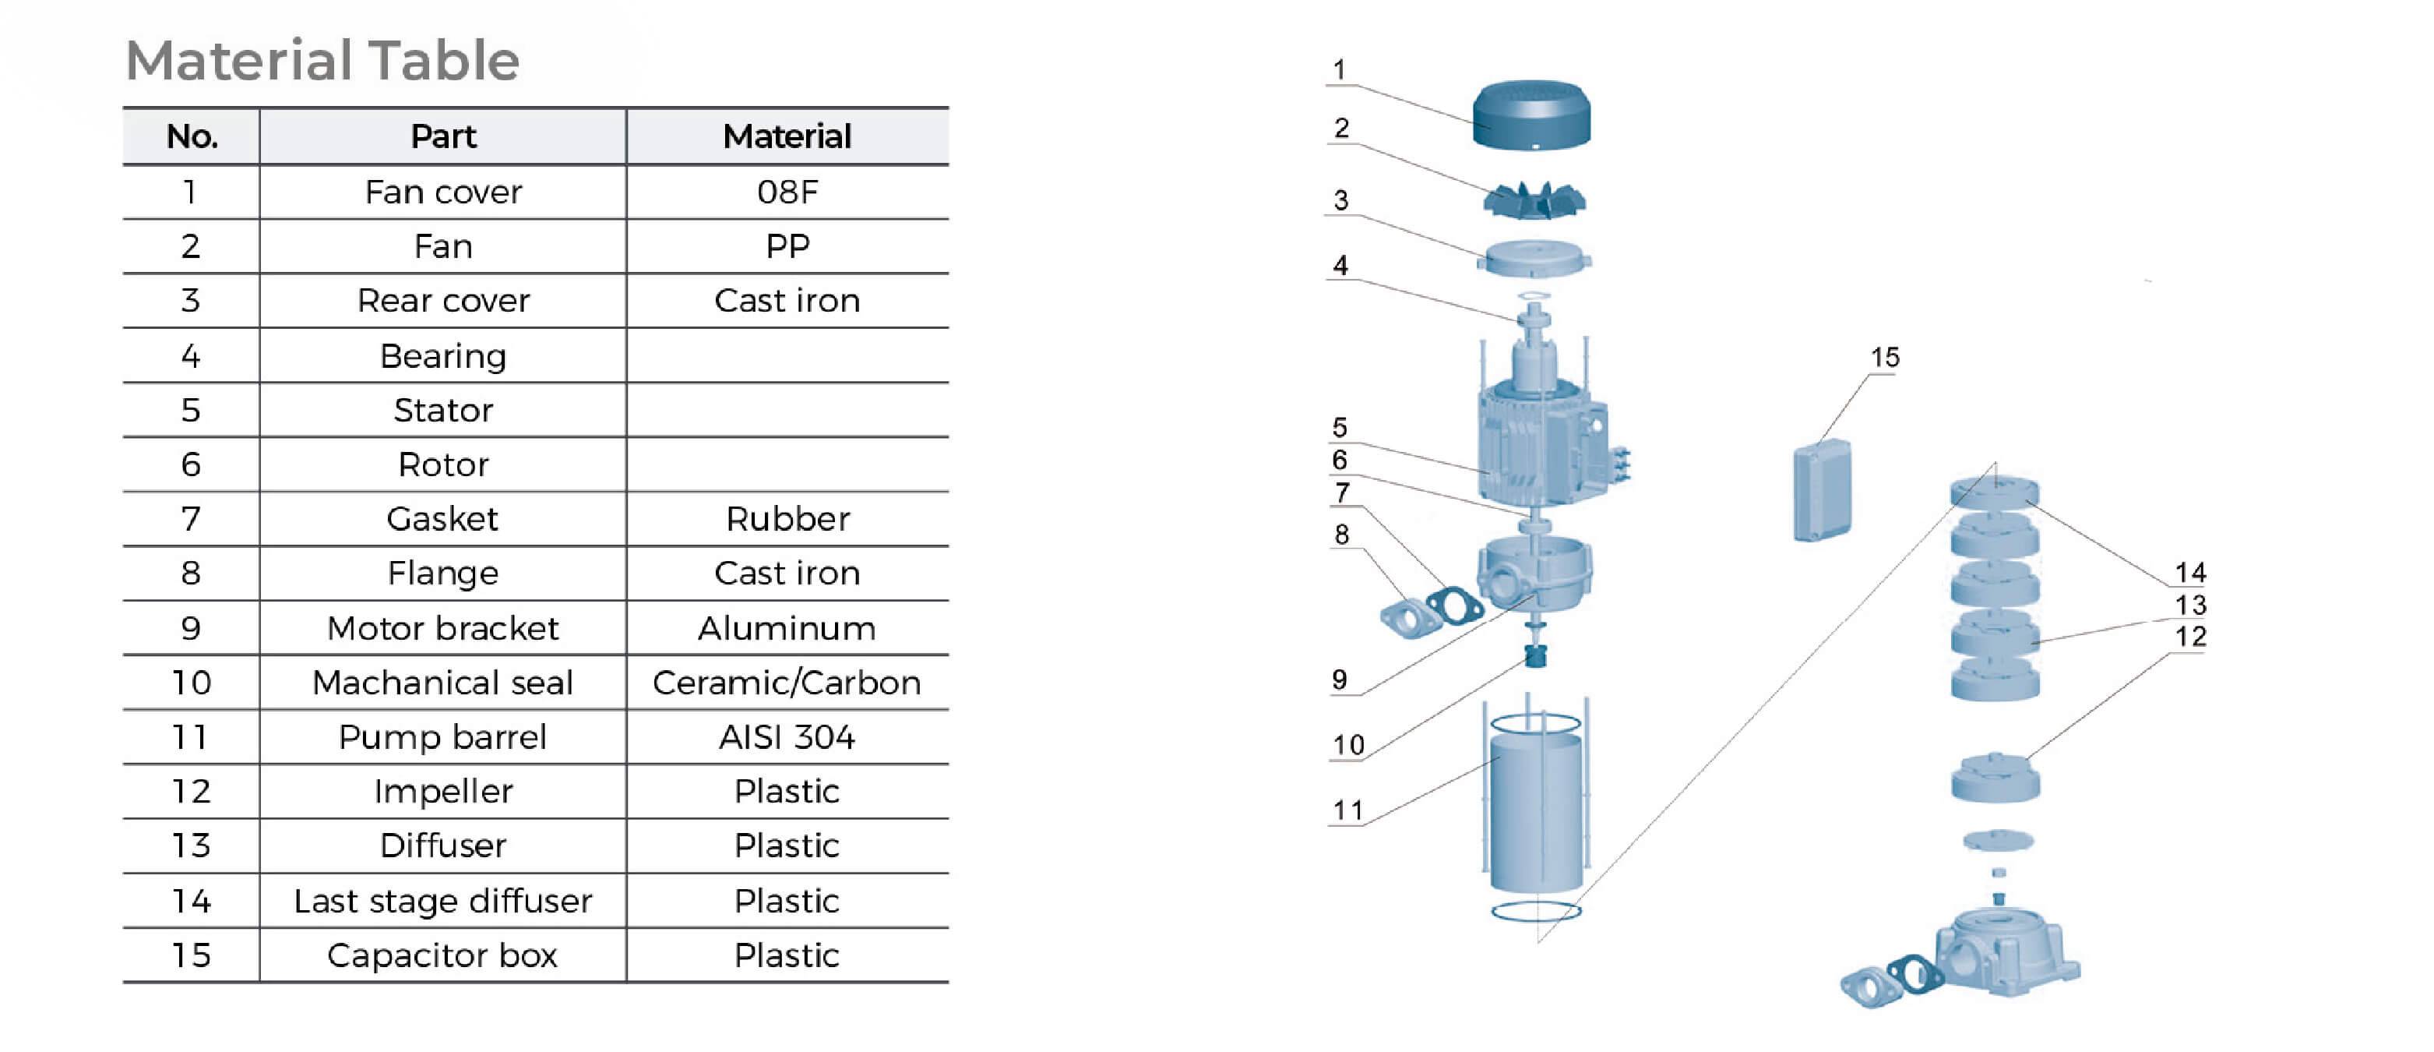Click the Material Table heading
(x=322, y=61)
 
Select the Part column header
(x=442, y=137)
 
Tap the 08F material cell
(x=787, y=192)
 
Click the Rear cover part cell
(x=442, y=301)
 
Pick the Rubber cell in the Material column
(x=787, y=519)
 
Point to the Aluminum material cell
(x=787, y=629)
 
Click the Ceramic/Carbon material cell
(x=787, y=683)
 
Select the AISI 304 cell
(x=787, y=737)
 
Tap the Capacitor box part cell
(x=442, y=955)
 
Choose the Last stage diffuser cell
(x=442, y=901)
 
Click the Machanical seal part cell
(x=442, y=683)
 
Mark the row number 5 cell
(x=191, y=410)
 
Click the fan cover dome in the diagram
(x=1530, y=115)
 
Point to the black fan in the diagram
(x=1534, y=200)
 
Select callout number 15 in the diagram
(x=1884, y=357)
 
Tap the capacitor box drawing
(x=1822, y=489)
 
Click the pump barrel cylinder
(x=1535, y=813)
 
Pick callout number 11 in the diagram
(x=1347, y=810)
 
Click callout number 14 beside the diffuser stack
(x=2190, y=572)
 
